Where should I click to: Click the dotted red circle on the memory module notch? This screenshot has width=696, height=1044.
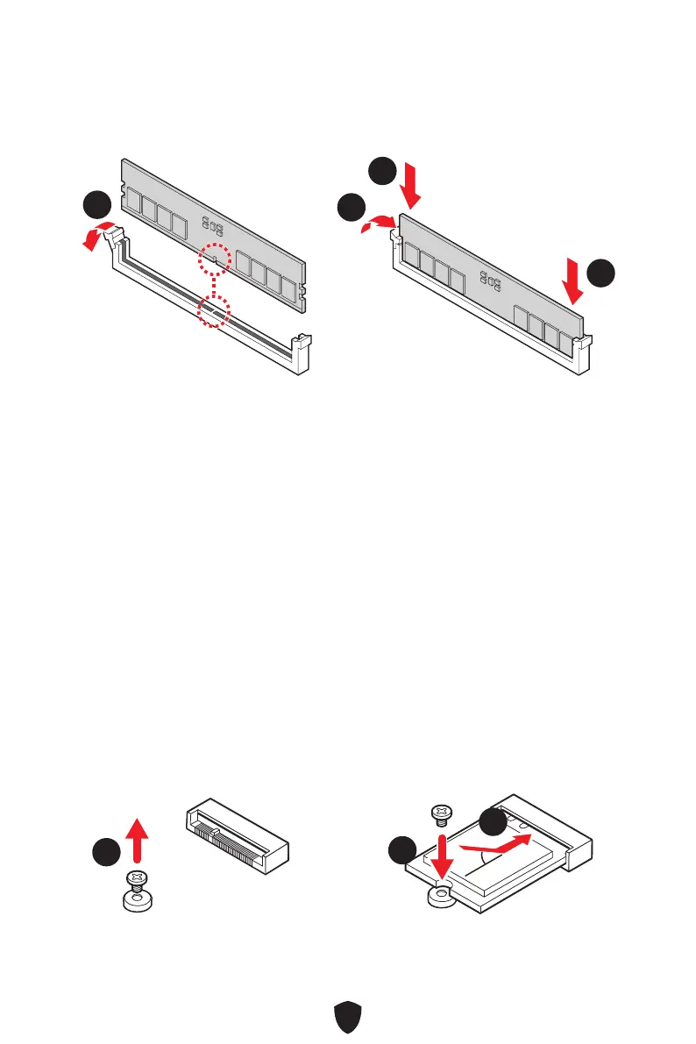click(x=215, y=259)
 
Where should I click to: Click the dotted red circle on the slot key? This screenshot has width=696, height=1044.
click(x=213, y=309)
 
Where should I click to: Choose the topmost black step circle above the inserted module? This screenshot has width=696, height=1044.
click(x=380, y=171)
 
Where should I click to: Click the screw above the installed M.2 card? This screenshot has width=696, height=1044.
click(x=443, y=814)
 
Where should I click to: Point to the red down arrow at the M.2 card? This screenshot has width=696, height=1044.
click(x=444, y=856)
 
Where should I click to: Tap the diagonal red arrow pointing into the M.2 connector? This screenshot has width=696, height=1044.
click(x=494, y=843)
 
